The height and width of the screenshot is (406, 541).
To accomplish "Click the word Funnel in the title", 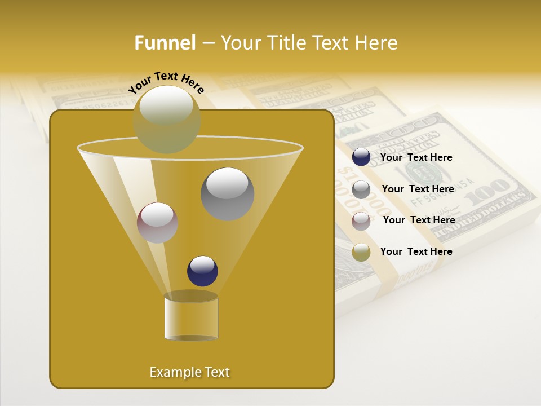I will (x=165, y=43).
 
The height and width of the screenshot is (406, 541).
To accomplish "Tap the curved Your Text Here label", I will (x=166, y=82).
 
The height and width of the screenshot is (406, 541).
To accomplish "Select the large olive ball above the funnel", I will (x=167, y=119).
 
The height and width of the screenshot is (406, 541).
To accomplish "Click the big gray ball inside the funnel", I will (x=227, y=193).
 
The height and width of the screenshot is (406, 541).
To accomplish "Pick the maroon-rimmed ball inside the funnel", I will (x=157, y=223).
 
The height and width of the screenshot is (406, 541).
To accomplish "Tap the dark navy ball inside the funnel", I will (x=202, y=271).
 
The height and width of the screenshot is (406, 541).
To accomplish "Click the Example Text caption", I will (x=190, y=372).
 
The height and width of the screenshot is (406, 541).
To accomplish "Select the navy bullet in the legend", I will (x=361, y=157).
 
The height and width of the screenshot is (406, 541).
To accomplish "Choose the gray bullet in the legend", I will (x=361, y=189).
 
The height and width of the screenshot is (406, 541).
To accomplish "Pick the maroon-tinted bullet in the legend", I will (x=361, y=220).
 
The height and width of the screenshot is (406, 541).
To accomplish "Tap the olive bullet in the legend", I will (x=361, y=252).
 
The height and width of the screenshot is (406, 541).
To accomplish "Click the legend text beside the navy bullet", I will (x=416, y=157).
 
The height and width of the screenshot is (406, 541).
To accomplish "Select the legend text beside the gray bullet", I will (x=418, y=189).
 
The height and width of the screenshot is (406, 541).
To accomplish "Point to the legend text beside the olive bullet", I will (x=416, y=251).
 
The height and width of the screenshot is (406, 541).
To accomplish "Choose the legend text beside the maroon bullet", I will (x=419, y=220).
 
